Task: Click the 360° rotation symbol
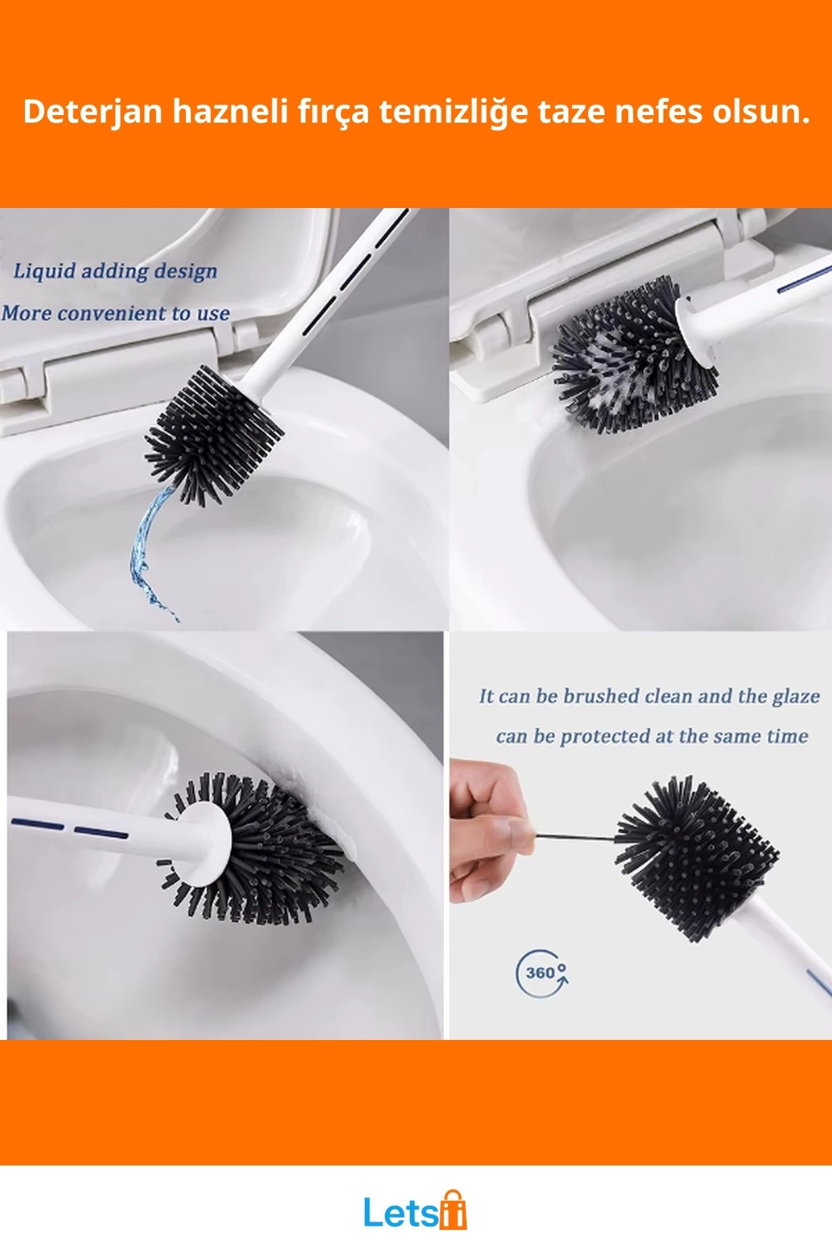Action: [x=543, y=973]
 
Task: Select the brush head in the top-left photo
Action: [x=214, y=435]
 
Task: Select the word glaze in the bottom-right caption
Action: [x=796, y=697]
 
